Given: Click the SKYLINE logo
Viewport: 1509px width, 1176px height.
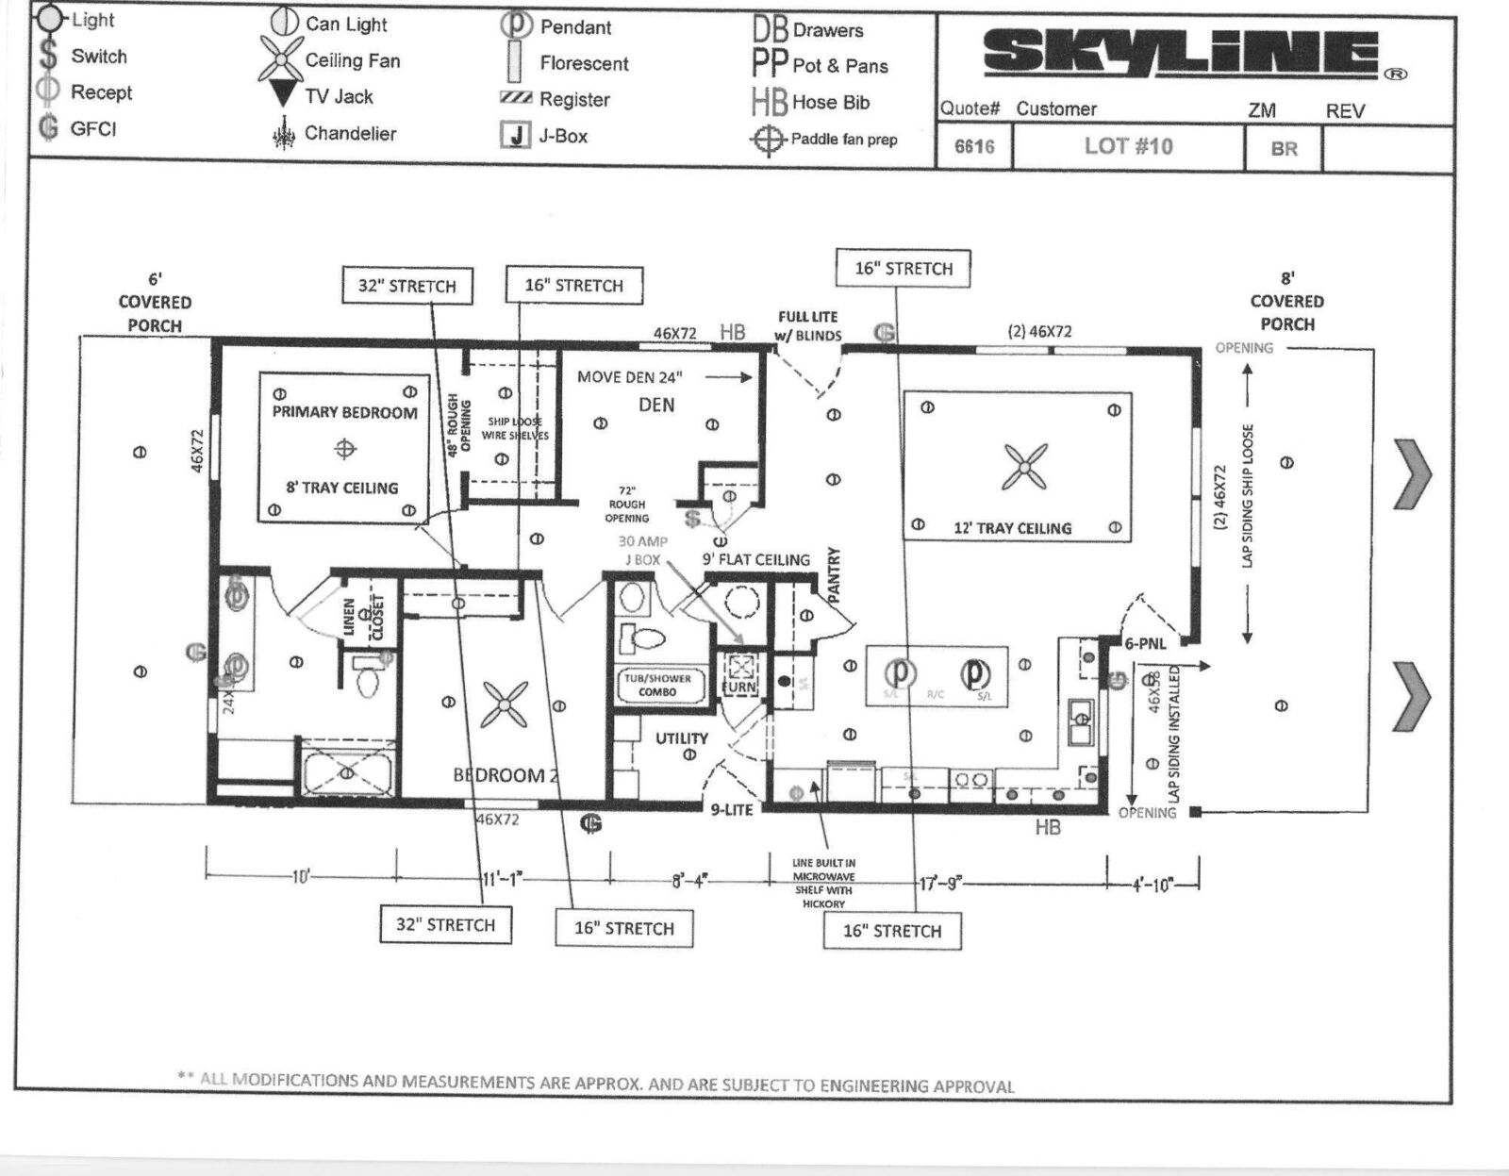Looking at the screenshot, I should (x=1181, y=54).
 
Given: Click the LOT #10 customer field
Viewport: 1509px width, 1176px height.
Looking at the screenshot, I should (x=1128, y=146).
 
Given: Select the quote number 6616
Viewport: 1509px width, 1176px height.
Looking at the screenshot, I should (x=973, y=147).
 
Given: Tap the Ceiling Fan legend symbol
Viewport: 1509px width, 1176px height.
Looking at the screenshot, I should (x=280, y=60).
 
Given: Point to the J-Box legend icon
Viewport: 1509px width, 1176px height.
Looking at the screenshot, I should (x=515, y=136).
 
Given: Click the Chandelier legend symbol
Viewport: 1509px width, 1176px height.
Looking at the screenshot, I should (x=283, y=134).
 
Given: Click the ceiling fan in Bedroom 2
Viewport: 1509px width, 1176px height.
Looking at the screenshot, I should (x=505, y=704).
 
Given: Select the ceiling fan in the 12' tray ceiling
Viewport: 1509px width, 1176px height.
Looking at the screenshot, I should (x=1024, y=467).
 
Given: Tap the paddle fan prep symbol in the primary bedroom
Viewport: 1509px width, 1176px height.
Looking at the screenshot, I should (x=345, y=449).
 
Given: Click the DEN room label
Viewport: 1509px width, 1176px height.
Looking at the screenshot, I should (x=656, y=406).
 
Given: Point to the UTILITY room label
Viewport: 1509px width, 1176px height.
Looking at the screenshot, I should (x=681, y=738).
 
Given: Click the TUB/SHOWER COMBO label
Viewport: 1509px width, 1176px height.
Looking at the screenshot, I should (x=657, y=685).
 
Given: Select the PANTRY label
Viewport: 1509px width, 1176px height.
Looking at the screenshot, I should (x=834, y=575).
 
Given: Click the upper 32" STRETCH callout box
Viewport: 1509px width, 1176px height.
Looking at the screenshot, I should (x=406, y=286).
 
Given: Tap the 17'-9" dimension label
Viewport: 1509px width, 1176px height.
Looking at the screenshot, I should (x=939, y=884).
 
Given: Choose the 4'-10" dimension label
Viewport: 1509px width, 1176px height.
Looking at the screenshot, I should (x=1152, y=885).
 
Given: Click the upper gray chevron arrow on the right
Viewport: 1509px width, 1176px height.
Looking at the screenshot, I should (x=1412, y=474).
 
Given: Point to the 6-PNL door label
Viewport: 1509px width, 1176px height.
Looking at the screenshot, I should (x=1145, y=644).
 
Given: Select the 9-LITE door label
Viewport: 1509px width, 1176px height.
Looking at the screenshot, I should (x=731, y=809).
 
